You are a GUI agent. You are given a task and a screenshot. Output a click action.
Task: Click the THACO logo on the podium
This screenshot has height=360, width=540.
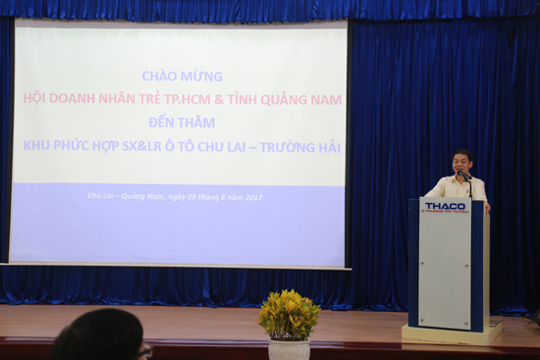[x=446, y=207]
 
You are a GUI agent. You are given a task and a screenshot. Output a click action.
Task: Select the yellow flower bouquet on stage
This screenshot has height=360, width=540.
[x=289, y=314]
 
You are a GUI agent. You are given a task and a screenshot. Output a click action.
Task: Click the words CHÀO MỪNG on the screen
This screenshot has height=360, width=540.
[x=182, y=76]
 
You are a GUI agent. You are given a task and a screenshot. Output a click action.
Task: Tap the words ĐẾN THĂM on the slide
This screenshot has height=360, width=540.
[x=182, y=123]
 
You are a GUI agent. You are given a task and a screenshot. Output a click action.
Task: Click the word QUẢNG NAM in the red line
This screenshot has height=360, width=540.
[x=301, y=99]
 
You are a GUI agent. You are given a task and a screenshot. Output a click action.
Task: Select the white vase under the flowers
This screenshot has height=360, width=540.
[x=289, y=350]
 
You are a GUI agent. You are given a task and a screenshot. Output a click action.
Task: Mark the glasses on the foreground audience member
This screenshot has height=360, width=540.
[x=144, y=349]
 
